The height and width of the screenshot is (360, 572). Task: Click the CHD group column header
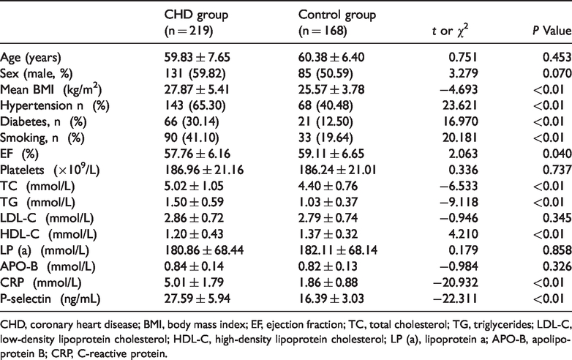[x=196, y=23]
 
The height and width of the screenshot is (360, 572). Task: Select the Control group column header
[x=337, y=23]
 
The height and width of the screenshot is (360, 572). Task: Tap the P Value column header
[x=552, y=31]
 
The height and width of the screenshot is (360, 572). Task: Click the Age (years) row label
[x=31, y=58]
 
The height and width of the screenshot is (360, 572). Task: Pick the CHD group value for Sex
[x=195, y=74]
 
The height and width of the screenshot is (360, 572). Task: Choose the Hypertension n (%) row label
[x=55, y=106]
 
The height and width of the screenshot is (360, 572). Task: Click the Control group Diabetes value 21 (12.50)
[x=325, y=121]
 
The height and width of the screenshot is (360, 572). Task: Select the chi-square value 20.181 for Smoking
[x=459, y=138]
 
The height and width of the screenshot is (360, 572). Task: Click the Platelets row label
[x=50, y=170]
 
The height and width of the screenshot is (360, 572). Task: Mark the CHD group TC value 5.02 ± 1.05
[x=194, y=186]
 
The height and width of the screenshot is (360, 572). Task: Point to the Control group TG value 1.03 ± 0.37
[x=328, y=202]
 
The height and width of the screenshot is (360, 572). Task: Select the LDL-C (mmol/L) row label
[x=47, y=218]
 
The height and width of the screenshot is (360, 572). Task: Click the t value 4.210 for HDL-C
[x=462, y=234]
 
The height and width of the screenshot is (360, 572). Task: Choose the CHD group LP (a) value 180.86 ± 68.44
[x=204, y=250]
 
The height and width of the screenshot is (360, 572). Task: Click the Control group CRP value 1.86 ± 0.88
[x=328, y=282]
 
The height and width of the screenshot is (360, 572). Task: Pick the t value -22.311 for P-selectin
[x=455, y=299]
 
